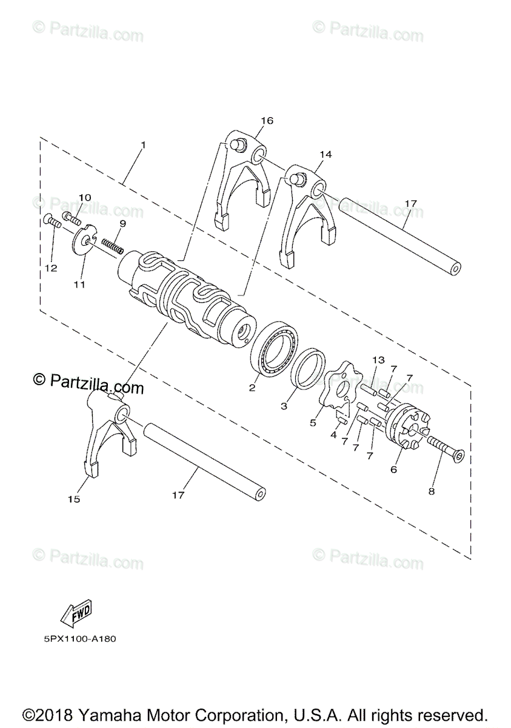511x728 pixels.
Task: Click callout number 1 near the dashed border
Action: point(143,145)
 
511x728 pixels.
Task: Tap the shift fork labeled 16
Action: point(239,182)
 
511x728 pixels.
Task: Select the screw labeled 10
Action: point(70,215)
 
